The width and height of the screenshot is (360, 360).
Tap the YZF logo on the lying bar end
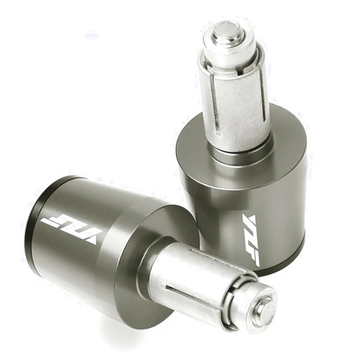coord(72,228)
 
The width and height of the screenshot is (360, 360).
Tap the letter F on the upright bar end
coord(253,257)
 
